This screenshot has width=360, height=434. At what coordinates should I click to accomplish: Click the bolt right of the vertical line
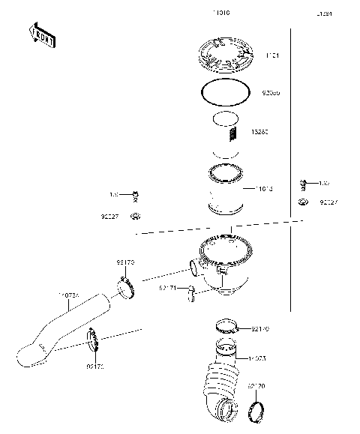[304, 182]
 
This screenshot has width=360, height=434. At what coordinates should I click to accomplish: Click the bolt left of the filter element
[136, 195]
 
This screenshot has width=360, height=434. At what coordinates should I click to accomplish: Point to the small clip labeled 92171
[192, 289]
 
